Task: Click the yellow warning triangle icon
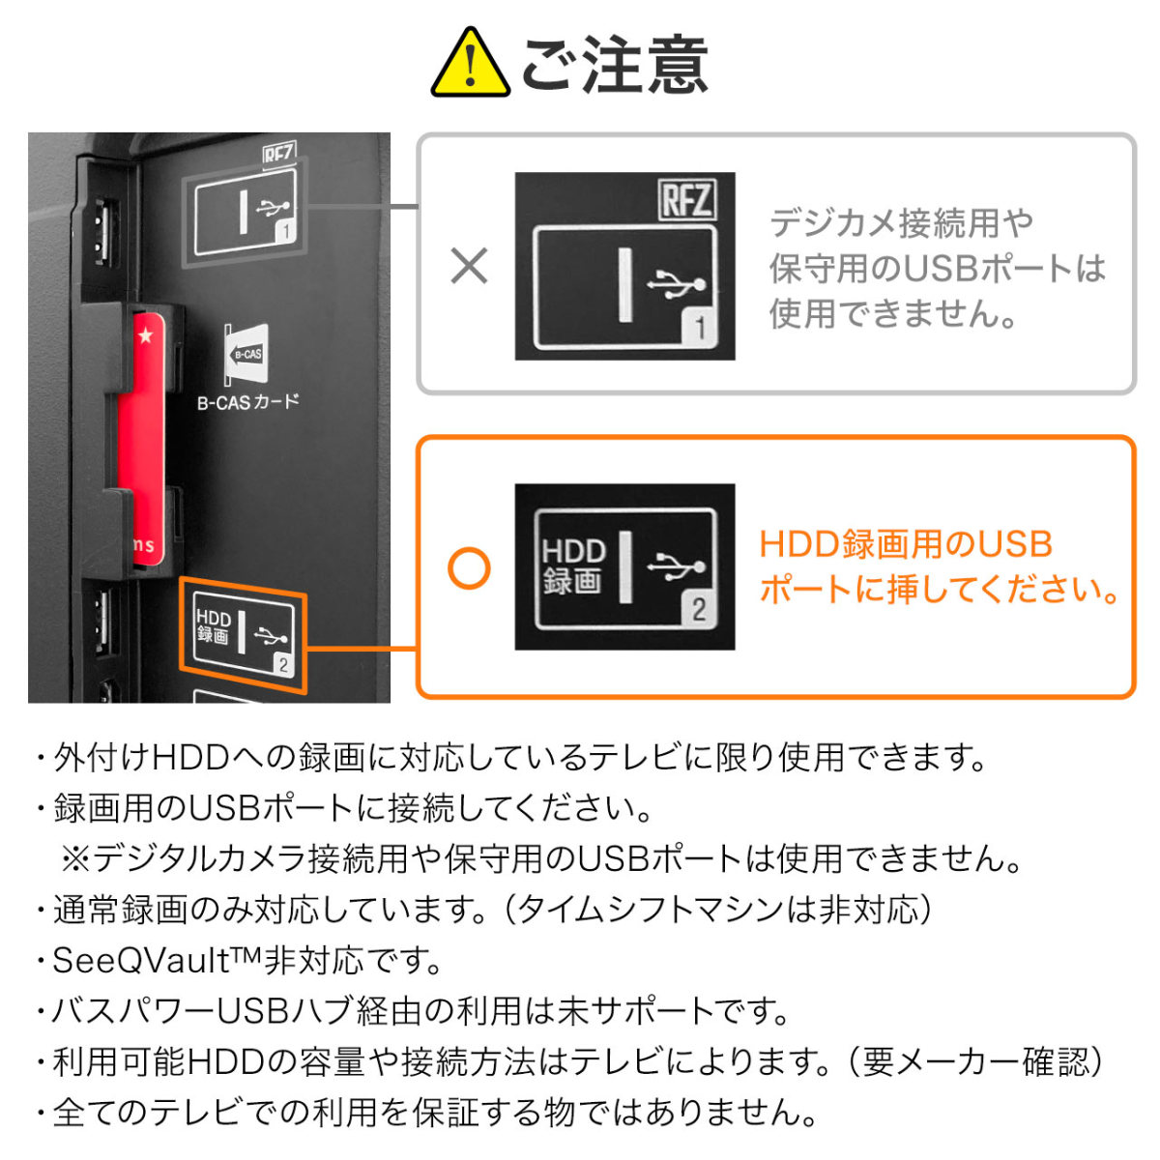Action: coord(470,65)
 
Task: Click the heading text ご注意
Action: coord(616,65)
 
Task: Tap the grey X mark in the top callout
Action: coord(470,266)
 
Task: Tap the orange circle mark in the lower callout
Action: coord(470,568)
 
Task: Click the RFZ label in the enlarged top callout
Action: coord(686,200)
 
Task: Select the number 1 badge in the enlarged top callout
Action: coord(701,330)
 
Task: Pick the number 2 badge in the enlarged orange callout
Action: coord(698,609)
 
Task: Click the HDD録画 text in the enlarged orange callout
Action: coord(573,566)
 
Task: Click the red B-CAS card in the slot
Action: coord(140,435)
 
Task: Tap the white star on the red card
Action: coord(146,336)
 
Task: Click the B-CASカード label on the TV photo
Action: coord(248,401)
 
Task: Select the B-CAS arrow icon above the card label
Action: coord(246,354)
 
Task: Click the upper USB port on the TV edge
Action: coord(102,232)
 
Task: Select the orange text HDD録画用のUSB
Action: coord(906,544)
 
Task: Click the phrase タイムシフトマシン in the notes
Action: coord(668,910)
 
